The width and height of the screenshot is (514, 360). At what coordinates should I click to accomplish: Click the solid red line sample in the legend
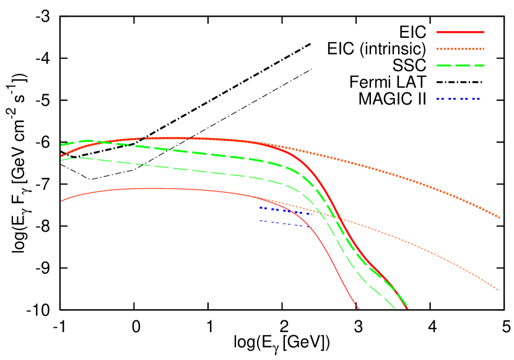460,32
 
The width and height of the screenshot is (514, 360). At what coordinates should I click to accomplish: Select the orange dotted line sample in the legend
460,48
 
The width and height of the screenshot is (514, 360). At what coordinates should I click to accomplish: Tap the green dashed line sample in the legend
460,65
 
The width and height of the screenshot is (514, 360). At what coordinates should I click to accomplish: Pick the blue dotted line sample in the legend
459,99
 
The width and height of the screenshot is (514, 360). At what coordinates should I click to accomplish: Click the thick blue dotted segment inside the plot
285,211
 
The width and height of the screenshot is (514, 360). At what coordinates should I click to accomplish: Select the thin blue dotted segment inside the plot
285,224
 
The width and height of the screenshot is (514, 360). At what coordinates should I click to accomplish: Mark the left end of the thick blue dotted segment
261,208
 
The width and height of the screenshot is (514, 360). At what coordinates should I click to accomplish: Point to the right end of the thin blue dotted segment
310,227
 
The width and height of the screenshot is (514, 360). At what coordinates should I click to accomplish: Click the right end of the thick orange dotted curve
499,217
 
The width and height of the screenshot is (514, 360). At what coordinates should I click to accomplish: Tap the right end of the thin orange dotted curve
499,290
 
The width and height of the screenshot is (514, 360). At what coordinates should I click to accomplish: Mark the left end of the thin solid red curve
61,201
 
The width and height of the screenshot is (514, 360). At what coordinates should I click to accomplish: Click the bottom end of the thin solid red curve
358,308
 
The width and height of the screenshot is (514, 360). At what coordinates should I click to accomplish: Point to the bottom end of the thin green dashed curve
394,308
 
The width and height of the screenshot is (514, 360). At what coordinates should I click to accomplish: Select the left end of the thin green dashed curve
61,160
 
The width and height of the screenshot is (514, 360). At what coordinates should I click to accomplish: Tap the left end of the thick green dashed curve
61,145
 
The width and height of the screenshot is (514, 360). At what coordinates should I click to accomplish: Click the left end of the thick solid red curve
61,156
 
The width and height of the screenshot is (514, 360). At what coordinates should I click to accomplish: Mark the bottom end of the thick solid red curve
407,308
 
